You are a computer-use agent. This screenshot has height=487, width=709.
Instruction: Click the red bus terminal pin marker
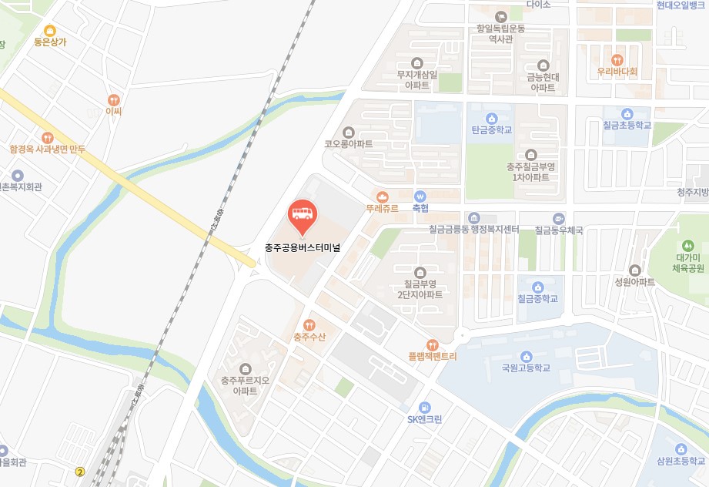(301, 216)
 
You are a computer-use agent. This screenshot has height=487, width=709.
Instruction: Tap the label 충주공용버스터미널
(302, 247)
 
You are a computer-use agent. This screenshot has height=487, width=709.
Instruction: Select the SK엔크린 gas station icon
(424, 407)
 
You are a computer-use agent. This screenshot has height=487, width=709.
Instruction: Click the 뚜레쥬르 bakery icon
(382, 196)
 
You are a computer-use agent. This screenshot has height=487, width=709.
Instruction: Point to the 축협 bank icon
(420, 196)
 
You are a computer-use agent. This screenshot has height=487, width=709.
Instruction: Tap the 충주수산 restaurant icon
(309, 325)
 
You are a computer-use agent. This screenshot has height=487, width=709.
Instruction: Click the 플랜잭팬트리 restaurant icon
(433, 345)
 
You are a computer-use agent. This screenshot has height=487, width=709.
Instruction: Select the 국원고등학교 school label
(526, 368)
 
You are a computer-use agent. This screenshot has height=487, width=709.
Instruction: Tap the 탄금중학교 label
(491, 130)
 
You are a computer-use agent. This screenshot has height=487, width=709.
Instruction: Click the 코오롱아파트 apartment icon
(349, 132)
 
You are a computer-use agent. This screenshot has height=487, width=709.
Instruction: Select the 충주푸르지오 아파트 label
(245, 385)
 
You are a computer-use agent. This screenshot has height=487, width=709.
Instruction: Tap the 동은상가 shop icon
(50, 30)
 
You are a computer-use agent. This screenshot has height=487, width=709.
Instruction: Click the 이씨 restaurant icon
(114, 99)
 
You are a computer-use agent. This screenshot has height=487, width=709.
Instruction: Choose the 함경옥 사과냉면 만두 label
(48, 149)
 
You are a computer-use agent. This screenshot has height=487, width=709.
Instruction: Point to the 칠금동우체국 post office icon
(559, 218)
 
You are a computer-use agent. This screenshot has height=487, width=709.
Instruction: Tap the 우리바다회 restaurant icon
(617, 60)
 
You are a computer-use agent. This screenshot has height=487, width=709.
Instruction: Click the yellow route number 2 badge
(79, 471)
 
